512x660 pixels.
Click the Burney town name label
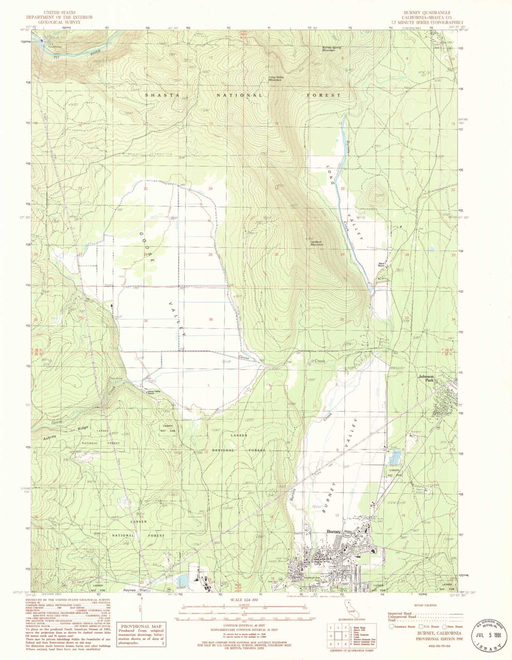point(333,532)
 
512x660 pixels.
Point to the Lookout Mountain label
point(317,243)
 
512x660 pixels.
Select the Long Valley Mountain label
point(276,78)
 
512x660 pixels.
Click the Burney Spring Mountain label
point(331,49)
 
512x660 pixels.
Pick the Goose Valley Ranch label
point(153,392)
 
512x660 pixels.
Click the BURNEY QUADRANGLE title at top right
point(431,13)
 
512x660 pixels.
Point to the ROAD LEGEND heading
point(425,605)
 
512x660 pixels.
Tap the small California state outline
point(350,613)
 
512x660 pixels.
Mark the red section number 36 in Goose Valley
point(211,320)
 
